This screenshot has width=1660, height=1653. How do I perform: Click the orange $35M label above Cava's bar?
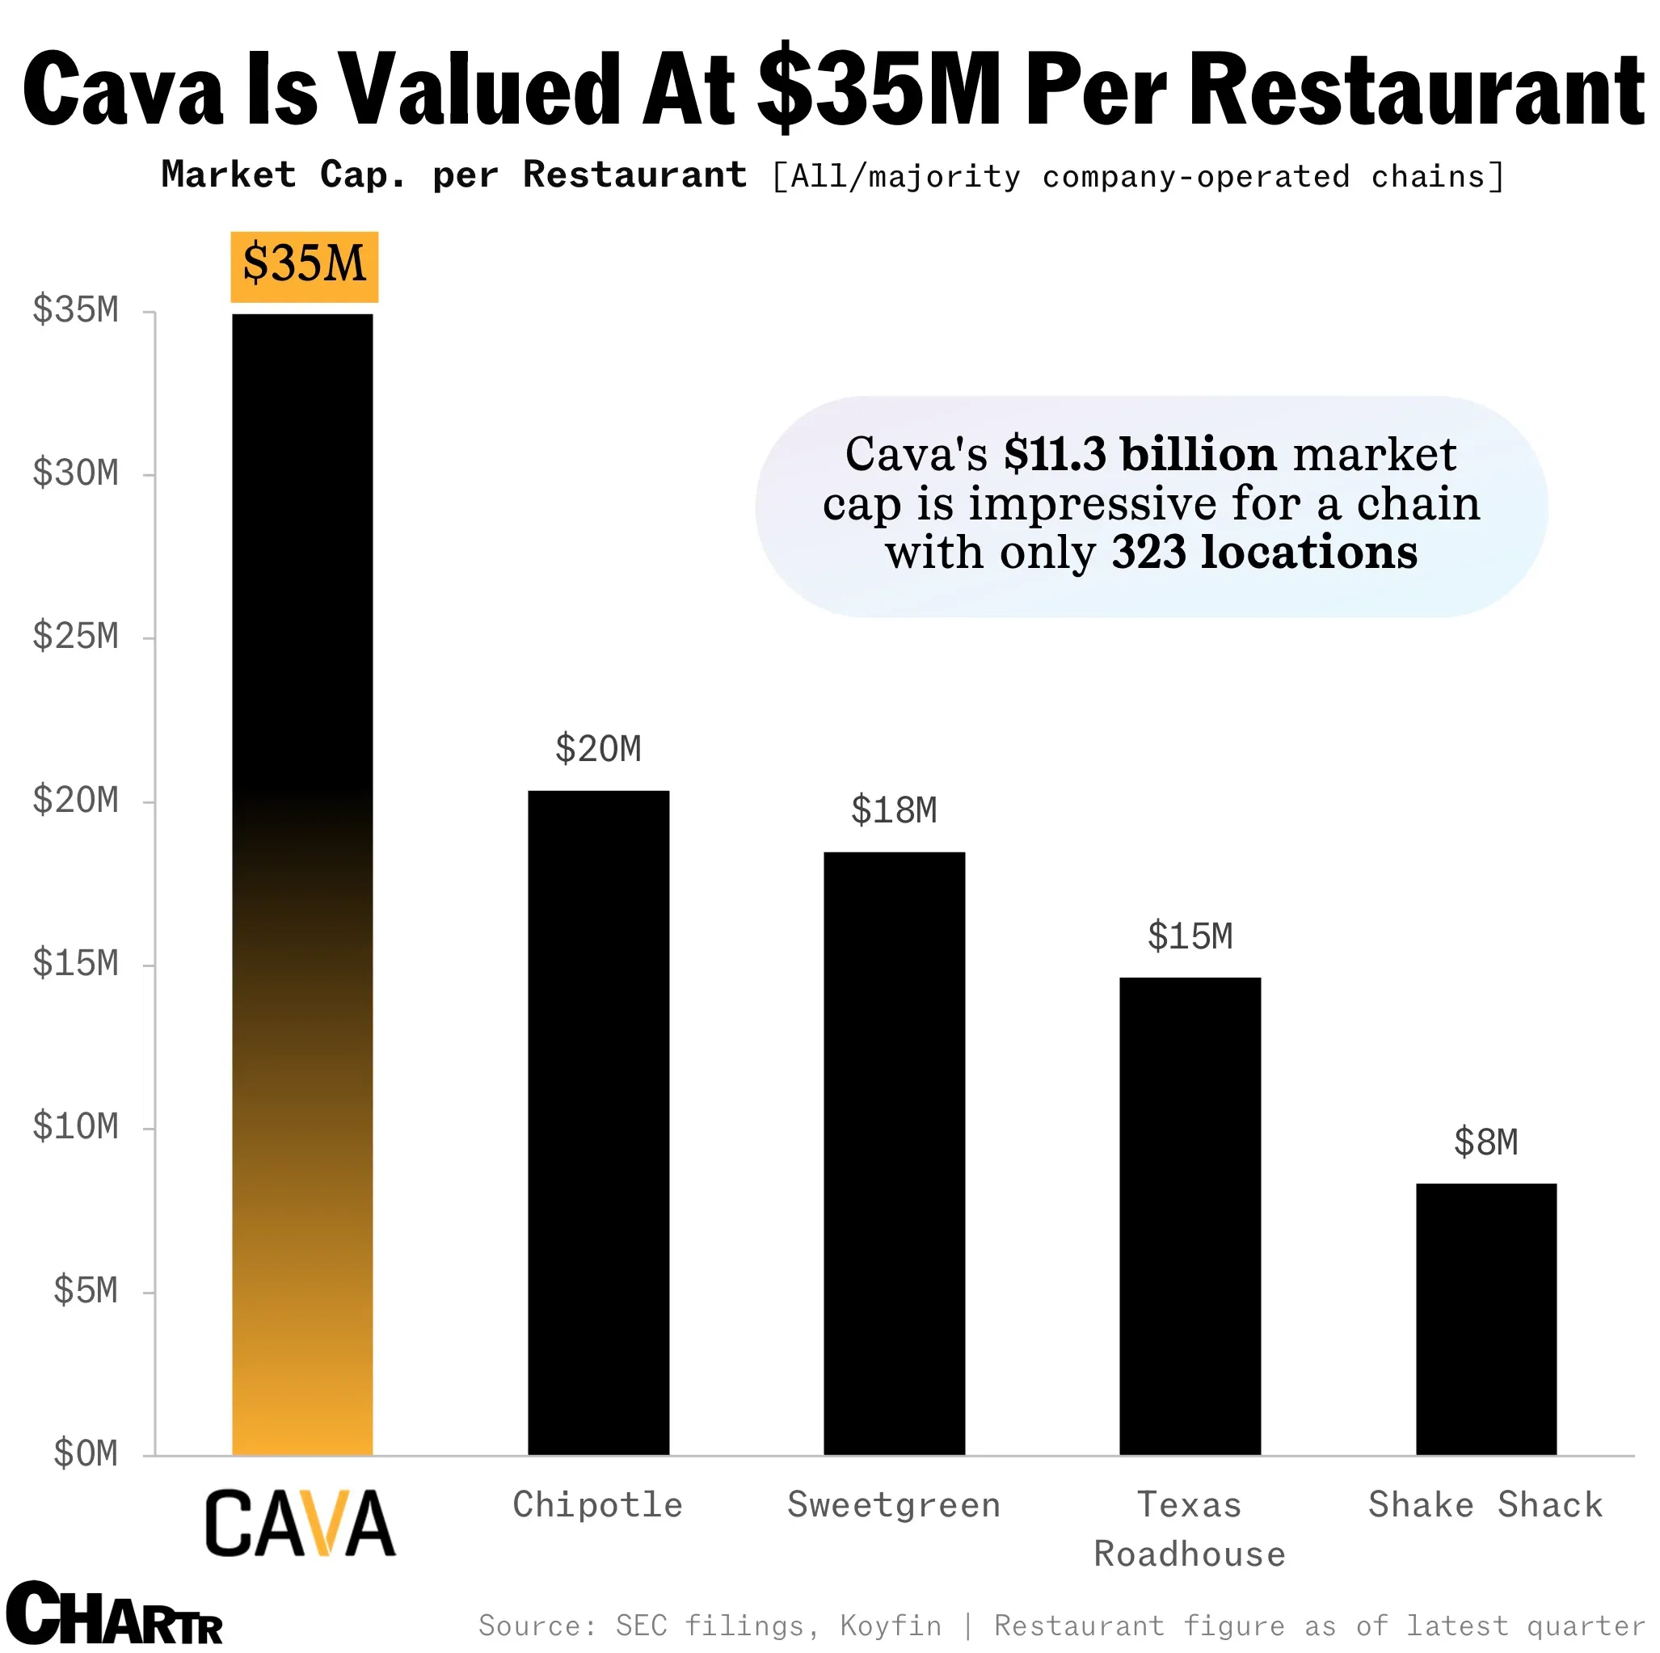click(x=304, y=266)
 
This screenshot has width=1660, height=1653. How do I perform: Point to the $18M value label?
click(x=894, y=810)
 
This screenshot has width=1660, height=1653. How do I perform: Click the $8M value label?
click(x=1485, y=1142)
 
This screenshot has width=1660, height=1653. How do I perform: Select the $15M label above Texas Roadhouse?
click(x=1190, y=936)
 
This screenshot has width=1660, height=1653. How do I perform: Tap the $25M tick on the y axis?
click(x=76, y=637)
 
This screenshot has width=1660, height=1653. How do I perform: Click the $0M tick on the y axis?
click(x=85, y=1453)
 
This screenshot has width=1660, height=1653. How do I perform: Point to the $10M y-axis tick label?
click(x=76, y=1126)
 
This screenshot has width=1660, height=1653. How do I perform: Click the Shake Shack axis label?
click(x=1485, y=1504)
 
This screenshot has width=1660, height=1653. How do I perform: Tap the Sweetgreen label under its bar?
click(x=894, y=1504)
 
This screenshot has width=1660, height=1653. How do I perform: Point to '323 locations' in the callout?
click(x=1264, y=552)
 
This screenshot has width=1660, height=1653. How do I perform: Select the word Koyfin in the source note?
click(x=890, y=1626)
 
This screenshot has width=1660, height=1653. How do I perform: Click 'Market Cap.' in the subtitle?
click(x=284, y=175)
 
